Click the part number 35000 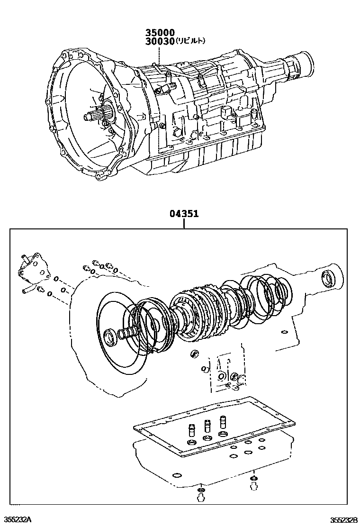click(160, 33)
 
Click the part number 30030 click(160, 41)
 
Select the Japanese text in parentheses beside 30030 click(190, 41)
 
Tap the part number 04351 click(184, 214)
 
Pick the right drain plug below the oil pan click(254, 482)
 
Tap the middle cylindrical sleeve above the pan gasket click(207, 425)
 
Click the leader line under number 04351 click(184, 224)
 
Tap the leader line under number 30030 click(159, 54)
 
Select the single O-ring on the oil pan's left click(176, 475)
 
